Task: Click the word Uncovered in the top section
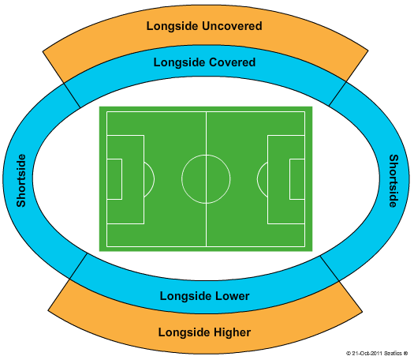pos(232,26)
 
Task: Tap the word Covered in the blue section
pos(233,62)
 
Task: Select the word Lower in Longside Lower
pos(233,296)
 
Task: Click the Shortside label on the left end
pos(21,181)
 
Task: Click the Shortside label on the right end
pos(393,181)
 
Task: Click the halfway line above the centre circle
pos(206,133)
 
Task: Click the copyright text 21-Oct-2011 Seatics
pos(377,353)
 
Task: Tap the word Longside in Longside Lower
pos(186,296)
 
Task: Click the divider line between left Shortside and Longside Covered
pos(72,96)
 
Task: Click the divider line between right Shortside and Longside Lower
pos(330,268)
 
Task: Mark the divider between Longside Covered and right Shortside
pos(338,94)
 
